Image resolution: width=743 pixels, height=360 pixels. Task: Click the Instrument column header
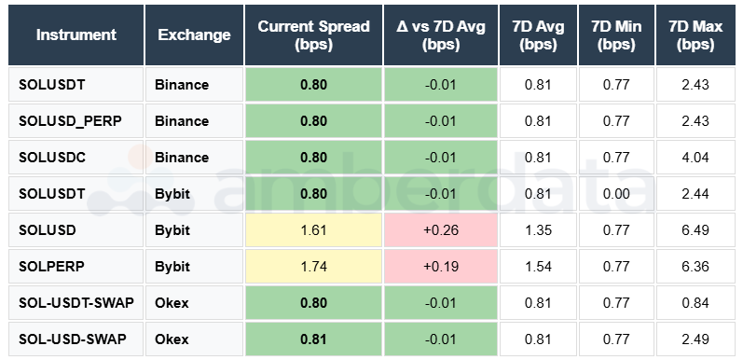(76, 35)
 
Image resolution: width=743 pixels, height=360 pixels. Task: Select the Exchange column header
(194, 35)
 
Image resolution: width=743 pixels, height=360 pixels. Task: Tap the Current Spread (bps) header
(313, 35)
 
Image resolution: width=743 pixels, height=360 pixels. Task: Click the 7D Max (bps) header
(695, 35)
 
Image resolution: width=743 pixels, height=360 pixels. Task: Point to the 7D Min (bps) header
(616, 35)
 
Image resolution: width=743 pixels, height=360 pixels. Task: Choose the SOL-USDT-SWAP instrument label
(73, 302)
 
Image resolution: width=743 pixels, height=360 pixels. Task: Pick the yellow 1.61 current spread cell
(313, 229)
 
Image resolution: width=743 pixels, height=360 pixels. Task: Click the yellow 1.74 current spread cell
(313, 266)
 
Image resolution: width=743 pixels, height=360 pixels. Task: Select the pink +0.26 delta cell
(441, 229)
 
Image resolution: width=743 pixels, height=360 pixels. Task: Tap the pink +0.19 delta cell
(441, 266)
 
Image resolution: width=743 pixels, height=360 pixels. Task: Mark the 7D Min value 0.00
(616, 193)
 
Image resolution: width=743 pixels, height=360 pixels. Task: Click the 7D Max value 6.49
(695, 229)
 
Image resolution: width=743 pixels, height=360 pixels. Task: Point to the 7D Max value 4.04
(695, 157)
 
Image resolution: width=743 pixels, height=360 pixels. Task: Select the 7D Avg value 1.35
(538, 229)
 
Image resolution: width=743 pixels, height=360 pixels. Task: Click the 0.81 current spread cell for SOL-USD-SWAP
(313, 338)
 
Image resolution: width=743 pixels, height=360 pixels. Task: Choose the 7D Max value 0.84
(695, 302)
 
